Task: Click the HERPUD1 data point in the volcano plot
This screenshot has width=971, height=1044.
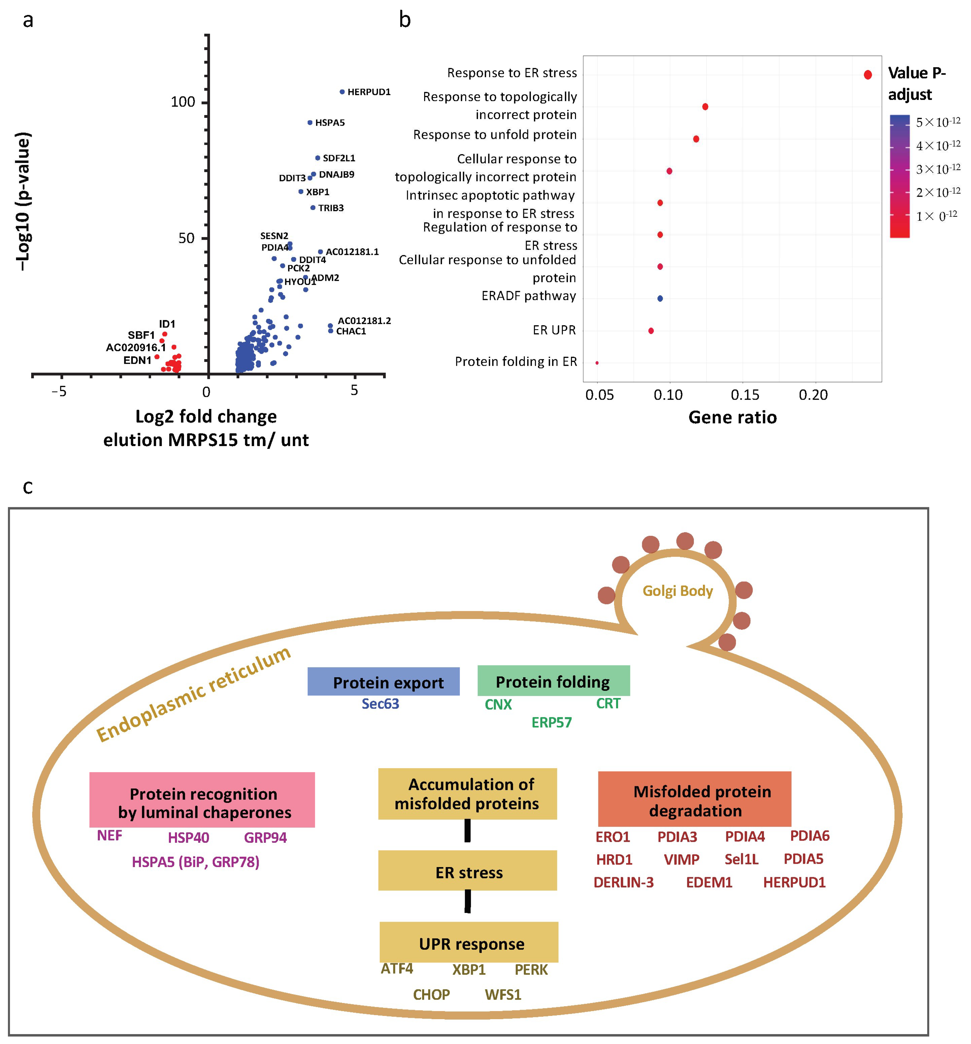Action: point(342,92)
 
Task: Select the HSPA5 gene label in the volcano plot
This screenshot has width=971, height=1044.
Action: point(330,123)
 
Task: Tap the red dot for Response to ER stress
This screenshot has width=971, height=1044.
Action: point(868,75)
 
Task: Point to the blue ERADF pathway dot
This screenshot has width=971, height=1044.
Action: point(660,298)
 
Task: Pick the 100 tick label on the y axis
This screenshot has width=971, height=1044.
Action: point(183,102)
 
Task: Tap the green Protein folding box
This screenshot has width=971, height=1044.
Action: point(553,681)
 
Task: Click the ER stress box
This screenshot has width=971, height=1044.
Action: point(467,872)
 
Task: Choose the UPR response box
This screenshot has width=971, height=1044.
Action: point(469,944)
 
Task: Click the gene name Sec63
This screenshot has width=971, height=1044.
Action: point(380,704)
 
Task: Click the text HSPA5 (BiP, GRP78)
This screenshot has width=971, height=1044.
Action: point(195,862)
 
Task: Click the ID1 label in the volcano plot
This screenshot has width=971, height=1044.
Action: point(167,324)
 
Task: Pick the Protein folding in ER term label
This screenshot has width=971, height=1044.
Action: point(516,362)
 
